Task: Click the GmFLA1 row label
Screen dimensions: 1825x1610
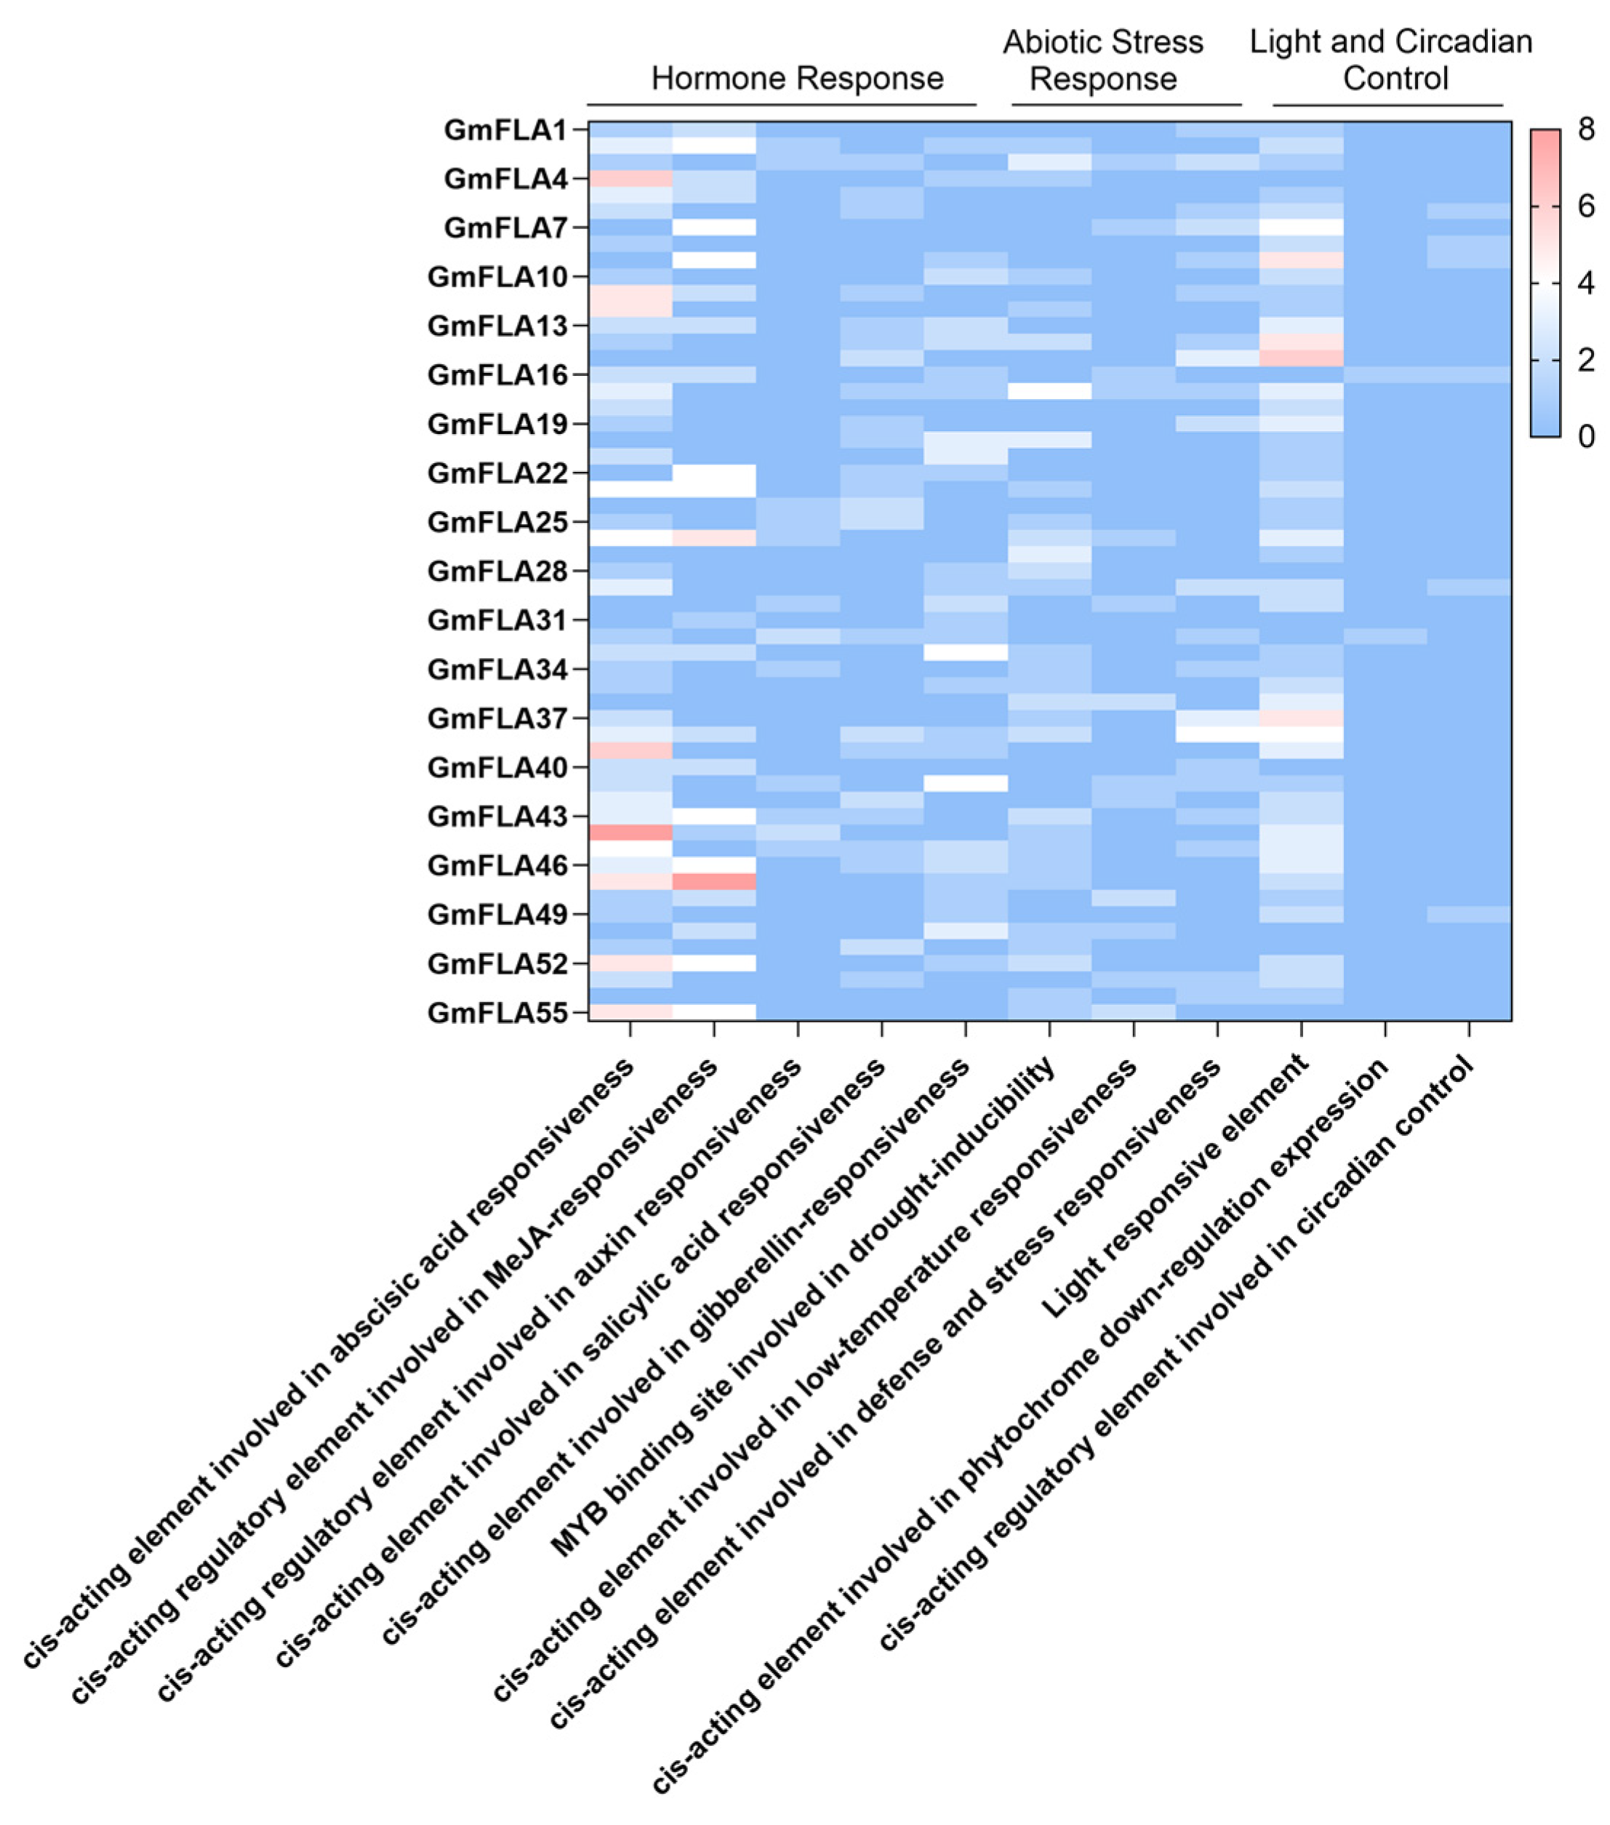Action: tap(505, 130)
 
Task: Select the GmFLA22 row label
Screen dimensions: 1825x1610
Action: tap(497, 473)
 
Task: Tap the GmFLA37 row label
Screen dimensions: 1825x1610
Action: tap(497, 718)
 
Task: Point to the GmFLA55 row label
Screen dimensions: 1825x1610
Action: tap(497, 1013)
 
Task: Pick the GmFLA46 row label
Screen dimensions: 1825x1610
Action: tap(497, 865)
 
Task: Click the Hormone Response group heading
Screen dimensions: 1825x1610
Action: tap(796, 79)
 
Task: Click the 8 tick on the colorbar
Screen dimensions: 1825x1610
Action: tap(1586, 130)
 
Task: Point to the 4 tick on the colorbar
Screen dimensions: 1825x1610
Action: tap(1586, 284)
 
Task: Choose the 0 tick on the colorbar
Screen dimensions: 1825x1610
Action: tap(1586, 436)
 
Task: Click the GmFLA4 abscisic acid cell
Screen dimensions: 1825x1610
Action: tap(630, 179)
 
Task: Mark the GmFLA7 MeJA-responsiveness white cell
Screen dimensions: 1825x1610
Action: tap(713, 228)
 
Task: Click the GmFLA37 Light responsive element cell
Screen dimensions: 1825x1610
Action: tap(1301, 718)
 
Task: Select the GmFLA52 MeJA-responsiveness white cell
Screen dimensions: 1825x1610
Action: tap(713, 963)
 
